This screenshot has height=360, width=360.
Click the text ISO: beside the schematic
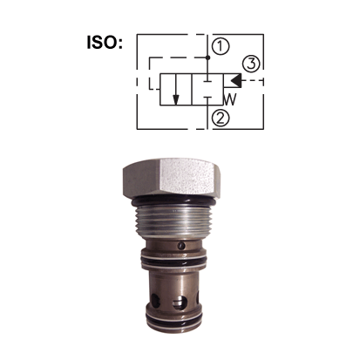[109, 41]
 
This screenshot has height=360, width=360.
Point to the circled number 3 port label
[251, 63]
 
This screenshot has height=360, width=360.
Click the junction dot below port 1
[207, 58]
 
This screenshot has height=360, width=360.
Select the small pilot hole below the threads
[180, 246]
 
